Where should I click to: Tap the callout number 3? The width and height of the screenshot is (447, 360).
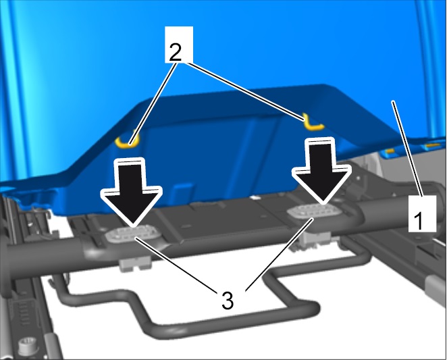227,300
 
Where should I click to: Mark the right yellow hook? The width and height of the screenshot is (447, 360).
311,124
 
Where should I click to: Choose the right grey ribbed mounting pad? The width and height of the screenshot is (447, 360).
313,211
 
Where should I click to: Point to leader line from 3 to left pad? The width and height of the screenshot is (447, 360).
176,265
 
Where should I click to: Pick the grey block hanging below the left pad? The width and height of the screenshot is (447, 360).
135,264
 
